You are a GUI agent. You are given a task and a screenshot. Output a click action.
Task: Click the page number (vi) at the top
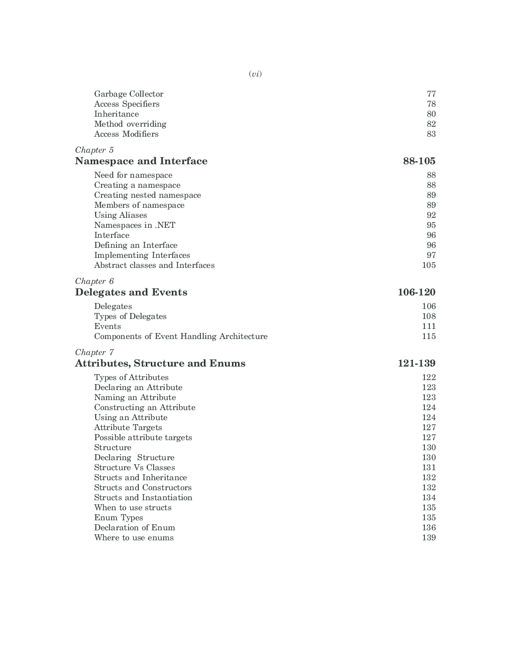tap(255, 74)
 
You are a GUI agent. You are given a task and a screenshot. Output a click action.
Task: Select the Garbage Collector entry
tap(129, 94)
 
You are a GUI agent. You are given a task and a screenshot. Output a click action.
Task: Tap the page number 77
tap(431, 94)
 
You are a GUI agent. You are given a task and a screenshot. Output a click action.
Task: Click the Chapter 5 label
tap(94, 150)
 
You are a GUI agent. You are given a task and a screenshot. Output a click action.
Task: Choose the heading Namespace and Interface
tap(141, 161)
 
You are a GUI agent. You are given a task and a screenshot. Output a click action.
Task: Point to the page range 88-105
tap(419, 161)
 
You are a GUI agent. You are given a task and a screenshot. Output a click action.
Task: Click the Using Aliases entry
tap(121, 215)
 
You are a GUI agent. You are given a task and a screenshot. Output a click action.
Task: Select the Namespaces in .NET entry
tap(135, 225)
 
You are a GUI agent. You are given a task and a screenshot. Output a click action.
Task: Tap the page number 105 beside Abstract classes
tap(429, 265)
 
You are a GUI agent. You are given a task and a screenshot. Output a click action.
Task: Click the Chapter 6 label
tap(94, 281)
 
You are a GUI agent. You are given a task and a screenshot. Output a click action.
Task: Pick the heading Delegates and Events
tap(131, 292)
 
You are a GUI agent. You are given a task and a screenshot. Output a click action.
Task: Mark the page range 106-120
tap(416, 292)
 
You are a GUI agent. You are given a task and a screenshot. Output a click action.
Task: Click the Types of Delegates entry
tap(130, 316)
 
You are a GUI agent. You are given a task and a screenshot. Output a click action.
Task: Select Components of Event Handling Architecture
tap(181, 337)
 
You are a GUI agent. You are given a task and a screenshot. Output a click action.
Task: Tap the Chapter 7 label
tap(94, 353)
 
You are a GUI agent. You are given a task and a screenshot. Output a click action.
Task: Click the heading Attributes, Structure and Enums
tap(160, 364)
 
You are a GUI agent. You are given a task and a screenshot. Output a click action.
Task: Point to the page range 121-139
tap(416, 364)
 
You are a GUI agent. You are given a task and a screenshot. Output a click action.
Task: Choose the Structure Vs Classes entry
tap(135, 468)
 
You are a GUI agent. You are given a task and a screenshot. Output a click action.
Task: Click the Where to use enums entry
tap(134, 538)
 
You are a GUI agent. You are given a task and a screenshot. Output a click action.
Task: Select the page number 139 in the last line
tap(429, 538)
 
